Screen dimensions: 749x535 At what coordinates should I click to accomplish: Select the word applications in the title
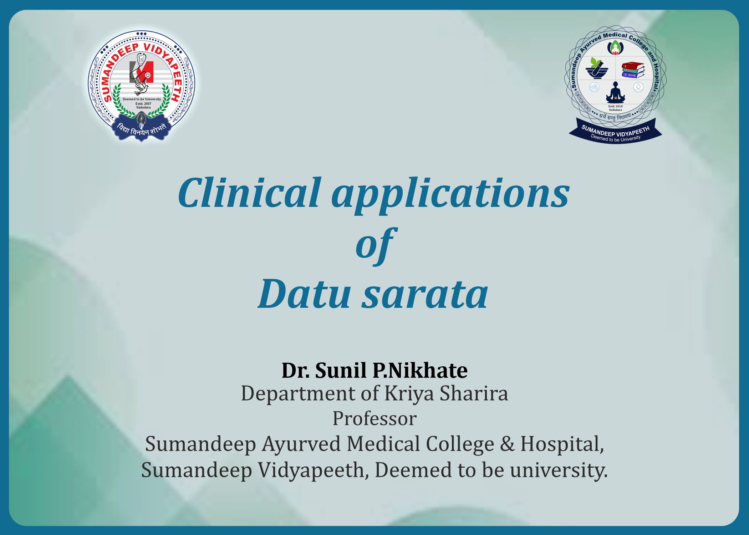450,195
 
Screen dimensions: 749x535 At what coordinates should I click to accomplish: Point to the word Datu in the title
304,294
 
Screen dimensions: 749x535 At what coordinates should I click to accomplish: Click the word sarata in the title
425,295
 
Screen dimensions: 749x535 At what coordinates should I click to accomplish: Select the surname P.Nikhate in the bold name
420,370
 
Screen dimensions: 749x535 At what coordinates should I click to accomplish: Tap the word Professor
374,419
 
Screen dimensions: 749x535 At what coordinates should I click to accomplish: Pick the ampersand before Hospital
507,444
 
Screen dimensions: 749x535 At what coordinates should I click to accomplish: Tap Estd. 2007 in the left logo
143,103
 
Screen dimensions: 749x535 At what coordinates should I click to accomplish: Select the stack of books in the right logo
633,70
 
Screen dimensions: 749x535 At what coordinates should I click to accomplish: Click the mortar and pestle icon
597,69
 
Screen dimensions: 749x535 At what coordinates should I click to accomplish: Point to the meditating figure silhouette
615,92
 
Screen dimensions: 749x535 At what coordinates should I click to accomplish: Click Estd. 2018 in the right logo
615,106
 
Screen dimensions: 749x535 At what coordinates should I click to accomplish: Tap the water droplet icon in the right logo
638,87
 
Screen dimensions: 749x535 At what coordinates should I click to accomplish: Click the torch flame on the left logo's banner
142,117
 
